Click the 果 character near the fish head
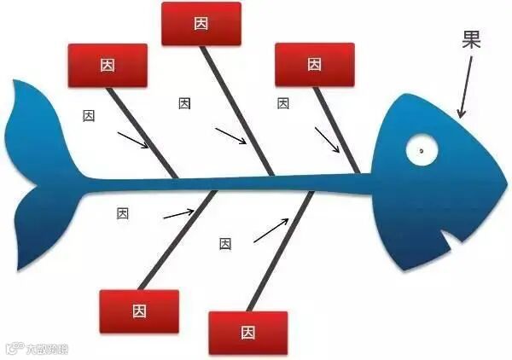click(x=471, y=40)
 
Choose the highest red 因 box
click(x=201, y=24)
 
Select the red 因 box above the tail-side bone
click(x=108, y=65)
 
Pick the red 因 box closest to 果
click(x=314, y=64)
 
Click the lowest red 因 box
click(x=247, y=332)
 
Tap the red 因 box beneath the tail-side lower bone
click(x=139, y=311)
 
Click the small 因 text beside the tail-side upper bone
click(x=89, y=115)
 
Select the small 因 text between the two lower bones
click(x=225, y=243)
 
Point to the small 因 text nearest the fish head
click(x=283, y=103)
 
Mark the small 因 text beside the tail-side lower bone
click(x=123, y=213)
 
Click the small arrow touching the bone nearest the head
click(x=325, y=137)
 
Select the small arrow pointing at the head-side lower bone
click(x=271, y=230)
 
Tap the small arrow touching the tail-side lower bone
click(x=178, y=212)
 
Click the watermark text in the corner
click(x=38, y=348)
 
